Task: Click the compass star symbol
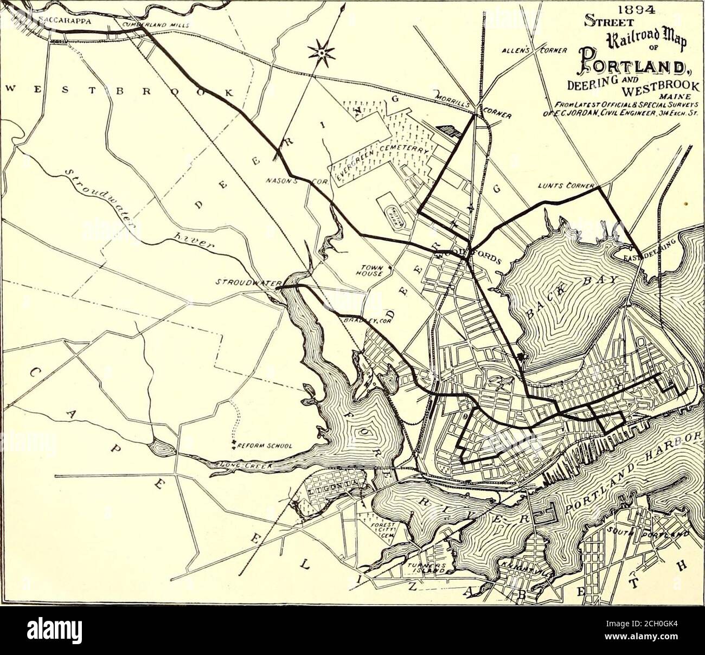tap(321, 53)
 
